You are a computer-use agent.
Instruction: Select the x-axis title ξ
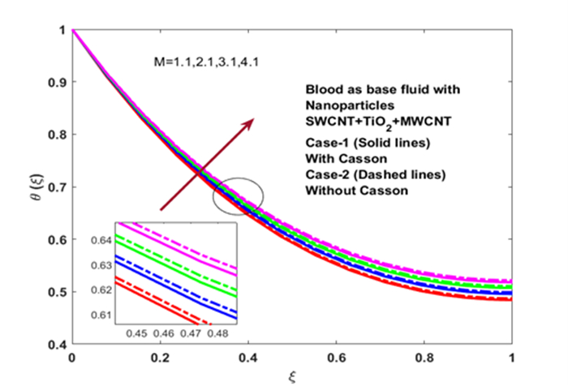coord(292,376)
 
